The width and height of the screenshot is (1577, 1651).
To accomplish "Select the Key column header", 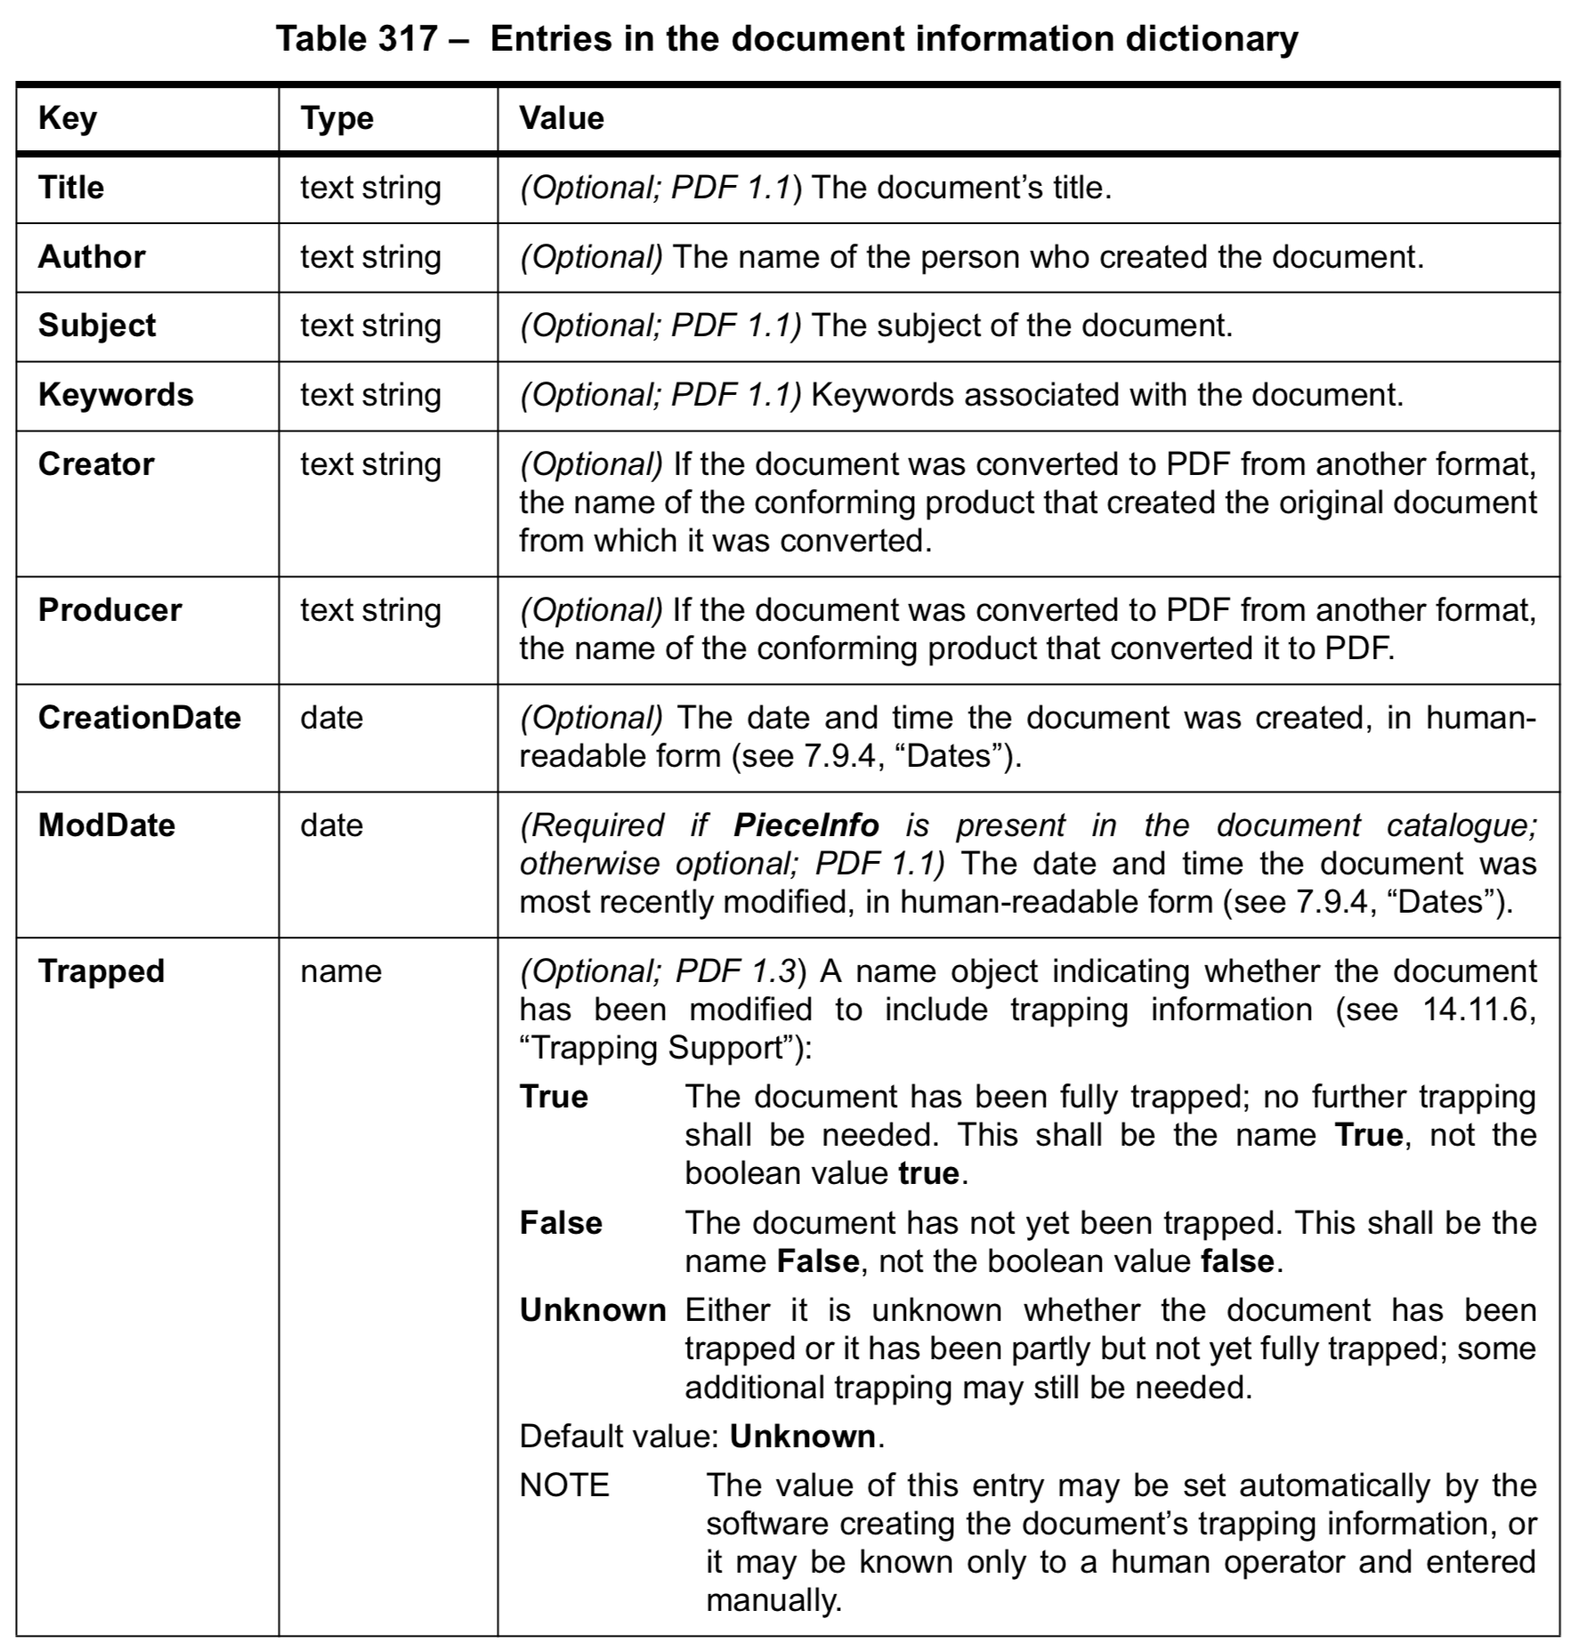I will (x=68, y=118).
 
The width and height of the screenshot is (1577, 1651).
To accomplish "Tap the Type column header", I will (x=336, y=118).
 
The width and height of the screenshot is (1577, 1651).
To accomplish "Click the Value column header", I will (x=562, y=118).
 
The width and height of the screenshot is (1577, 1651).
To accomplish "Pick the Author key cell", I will (x=92, y=257).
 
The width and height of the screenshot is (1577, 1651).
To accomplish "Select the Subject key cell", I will (x=97, y=326).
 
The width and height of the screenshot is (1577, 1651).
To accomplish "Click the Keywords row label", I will (x=116, y=395).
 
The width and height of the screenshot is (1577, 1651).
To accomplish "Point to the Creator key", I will (x=96, y=464).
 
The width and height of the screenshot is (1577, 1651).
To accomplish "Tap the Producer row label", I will (x=109, y=610).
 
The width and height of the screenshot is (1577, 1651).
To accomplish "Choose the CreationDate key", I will (x=140, y=718).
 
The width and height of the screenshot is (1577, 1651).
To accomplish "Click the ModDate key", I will (x=107, y=825).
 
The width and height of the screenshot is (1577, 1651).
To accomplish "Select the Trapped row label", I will (x=101, y=971).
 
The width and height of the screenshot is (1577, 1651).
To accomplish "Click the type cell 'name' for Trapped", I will (x=341, y=971).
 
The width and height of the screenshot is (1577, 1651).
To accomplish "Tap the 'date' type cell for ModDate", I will (x=332, y=825).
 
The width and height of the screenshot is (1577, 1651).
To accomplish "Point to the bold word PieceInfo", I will (x=805, y=825).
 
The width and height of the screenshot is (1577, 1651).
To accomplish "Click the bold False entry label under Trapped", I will (x=561, y=1223).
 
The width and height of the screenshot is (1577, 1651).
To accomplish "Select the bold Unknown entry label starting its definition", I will (x=593, y=1310).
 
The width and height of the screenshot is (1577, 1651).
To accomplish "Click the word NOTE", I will (x=564, y=1486).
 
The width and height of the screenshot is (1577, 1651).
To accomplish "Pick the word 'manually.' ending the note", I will (x=773, y=1600).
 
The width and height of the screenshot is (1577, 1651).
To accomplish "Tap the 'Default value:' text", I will (x=619, y=1437).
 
